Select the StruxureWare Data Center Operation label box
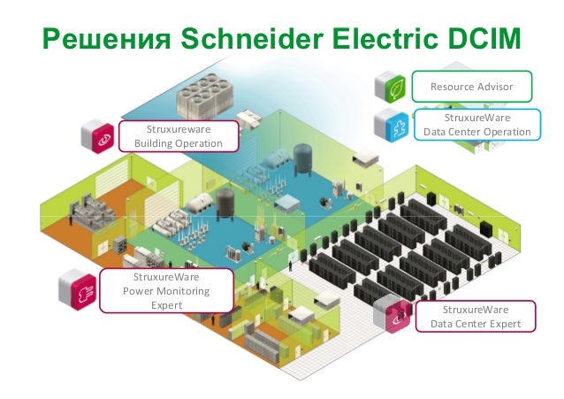(x=477, y=125)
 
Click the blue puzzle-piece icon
(x=391, y=125)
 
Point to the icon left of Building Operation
(x=98, y=135)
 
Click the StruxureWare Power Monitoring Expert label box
(x=155, y=290)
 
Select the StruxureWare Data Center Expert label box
(x=475, y=317)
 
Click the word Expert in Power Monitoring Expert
(x=166, y=304)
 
